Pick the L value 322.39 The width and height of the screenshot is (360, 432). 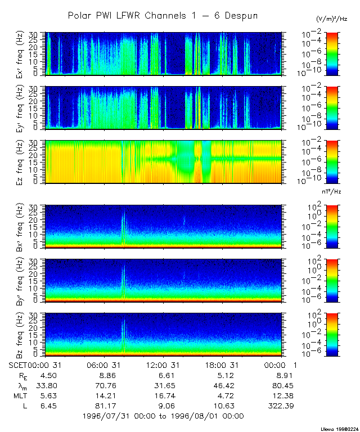(279, 406)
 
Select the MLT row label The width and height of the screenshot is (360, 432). (20, 395)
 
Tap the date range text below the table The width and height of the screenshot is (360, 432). (163, 416)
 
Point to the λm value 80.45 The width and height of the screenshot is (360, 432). (279, 385)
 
